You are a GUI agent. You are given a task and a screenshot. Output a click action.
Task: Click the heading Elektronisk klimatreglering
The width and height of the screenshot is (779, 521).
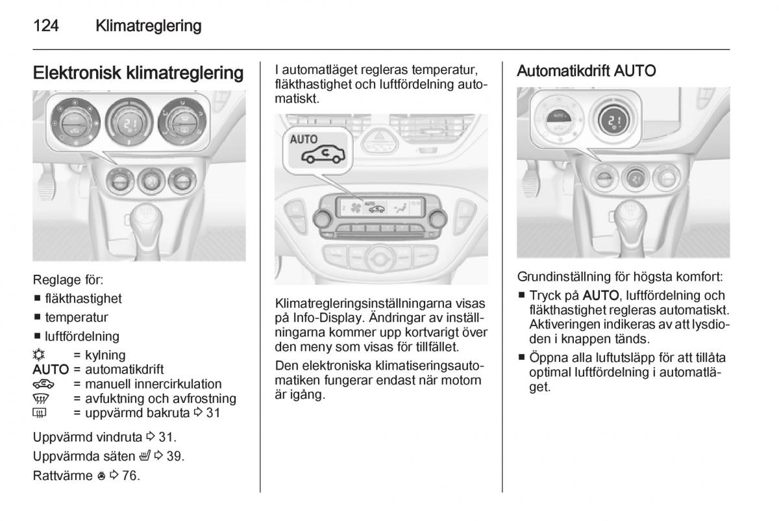coord(138,73)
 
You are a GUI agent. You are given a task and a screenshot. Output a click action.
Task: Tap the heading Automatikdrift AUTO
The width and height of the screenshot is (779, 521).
coord(586,71)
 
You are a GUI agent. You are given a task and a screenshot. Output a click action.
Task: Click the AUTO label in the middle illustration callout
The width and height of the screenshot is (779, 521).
coord(303,139)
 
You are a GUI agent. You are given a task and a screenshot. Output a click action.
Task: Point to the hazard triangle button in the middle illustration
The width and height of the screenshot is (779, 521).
coord(379,138)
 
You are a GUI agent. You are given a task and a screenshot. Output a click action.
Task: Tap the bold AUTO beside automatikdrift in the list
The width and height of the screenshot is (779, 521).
coord(51,370)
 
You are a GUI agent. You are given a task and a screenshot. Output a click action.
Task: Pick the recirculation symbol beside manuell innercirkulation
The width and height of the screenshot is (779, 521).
coord(42,384)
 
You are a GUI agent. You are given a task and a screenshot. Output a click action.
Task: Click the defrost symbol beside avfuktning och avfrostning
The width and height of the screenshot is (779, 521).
coord(42,398)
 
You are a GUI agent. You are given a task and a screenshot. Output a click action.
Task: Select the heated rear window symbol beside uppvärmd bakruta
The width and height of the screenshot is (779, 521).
coord(41,413)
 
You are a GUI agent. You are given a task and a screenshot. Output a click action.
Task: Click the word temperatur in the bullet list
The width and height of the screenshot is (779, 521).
coord(77,318)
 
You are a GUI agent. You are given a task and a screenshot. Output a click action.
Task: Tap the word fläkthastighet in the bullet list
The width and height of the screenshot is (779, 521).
coord(84,299)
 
